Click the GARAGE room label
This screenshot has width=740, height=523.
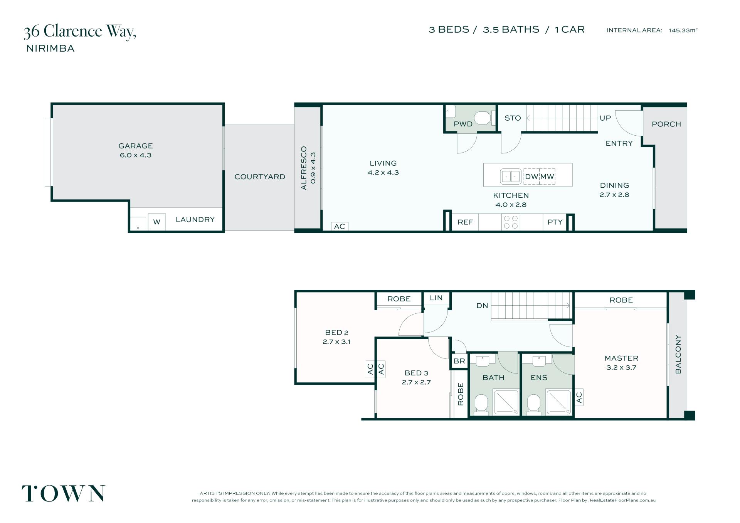click(135, 146)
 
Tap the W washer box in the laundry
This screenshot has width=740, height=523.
click(156, 222)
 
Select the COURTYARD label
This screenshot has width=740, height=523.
click(260, 177)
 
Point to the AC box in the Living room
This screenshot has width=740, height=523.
click(340, 226)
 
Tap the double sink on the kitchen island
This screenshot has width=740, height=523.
click(511, 177)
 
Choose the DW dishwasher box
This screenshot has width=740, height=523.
click(531, 177)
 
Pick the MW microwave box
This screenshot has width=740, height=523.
click(547, 177)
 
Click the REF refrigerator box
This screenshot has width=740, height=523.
click(465, 222)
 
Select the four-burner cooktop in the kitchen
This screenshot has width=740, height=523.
click(511, 222)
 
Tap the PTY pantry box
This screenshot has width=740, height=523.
click(555, 222)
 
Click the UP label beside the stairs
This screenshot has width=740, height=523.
click(605, 118)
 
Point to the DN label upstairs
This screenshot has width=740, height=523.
click(482, 306)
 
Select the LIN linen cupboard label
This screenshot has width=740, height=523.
click(436, 298)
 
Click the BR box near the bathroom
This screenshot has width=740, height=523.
click(459, 361)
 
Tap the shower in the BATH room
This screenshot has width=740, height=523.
click(506, 402)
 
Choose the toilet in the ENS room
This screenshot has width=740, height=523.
click(534, 404)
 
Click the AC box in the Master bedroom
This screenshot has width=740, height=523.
click(579, 397)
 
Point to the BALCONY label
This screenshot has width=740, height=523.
click(678, 354)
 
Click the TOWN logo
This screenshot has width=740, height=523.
click(63, 493)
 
